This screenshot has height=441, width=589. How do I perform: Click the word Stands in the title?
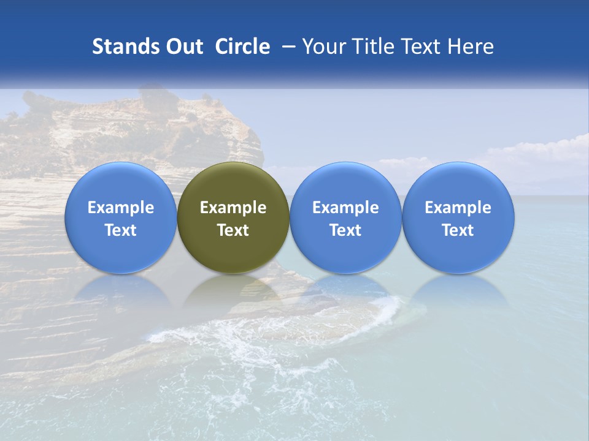pos(125,47)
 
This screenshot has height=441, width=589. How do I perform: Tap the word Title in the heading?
pos(373,47)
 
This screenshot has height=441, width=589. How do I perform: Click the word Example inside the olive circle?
pos(233,208)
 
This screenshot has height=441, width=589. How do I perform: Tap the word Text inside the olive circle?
pos(233,230)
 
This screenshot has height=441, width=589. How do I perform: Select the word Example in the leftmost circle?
pos(120,208)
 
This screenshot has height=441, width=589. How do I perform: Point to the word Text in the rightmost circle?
pos(458,230)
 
